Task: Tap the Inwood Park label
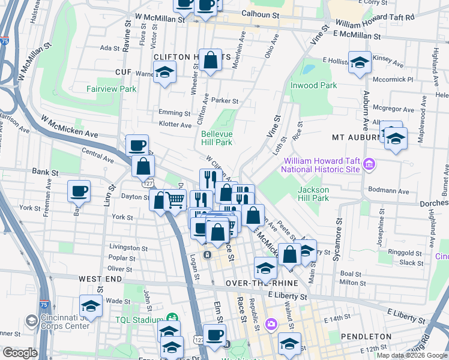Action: pyautogui.click(x=313, y=85)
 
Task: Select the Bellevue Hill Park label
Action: pyautogui.click(x=216, y=138)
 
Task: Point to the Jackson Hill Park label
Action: pyautogui.click(x=313, y=193)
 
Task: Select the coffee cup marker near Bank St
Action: pyautogui.click(x=79, y=191)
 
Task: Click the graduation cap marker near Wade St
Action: pyautogui.click(x=91, y=307)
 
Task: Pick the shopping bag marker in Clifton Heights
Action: pyautogui.click(x=211, y=60)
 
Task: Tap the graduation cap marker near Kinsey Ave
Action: pyautogui.click(x=359, y=63)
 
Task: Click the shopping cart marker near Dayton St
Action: pyautogui.click(x=175, y=200)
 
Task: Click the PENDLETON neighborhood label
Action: pyautogui.click(x=366, y=337)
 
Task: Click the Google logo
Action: pyautogui.click(x=20, y=352)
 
